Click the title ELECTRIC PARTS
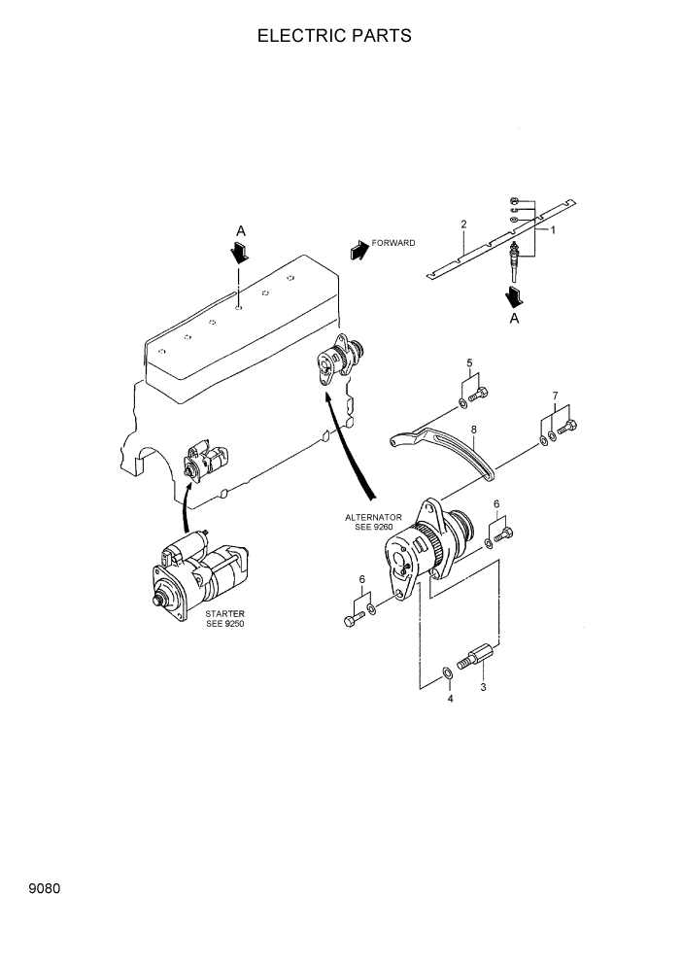334,36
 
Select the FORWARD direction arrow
358,249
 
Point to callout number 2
463,224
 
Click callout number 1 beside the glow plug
553,230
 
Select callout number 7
555,396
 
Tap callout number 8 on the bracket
473,429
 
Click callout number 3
483,687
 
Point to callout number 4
450,698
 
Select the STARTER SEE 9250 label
224,618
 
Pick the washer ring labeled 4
446,672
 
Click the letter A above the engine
240,230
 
